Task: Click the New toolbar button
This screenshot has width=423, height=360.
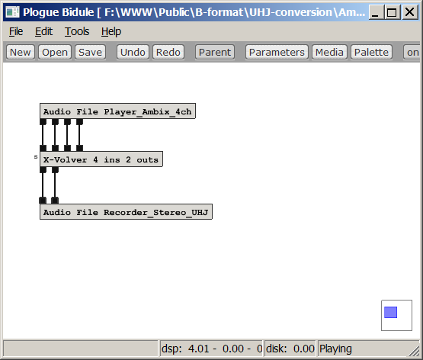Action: pyautogui.click(x=21, y=52)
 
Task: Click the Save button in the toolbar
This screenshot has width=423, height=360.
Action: pyautogui.click(x=90, y=52)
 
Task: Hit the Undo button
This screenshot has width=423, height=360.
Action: pyautogui.click(x=133, y=52)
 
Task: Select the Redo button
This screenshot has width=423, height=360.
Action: pyautogui.click(x=168, y=52)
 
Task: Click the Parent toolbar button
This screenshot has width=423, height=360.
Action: pyautogui.click(x=215, y=52)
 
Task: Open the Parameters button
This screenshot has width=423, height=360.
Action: pyautogui.click(x=277, y=52)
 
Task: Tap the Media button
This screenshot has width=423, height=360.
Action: pyautogui.click(x=329, y=52)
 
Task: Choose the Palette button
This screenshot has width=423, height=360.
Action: pyautogui.click(x=371, y=52)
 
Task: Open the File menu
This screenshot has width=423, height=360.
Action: pyautogui.click(x=16, y=31)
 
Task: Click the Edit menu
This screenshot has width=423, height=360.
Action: pyautogui.click(x=43, y=31)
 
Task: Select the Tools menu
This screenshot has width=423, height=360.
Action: pyautogui.click(x=77, y=31)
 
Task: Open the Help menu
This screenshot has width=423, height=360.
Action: pyautogui.click(x=111, y=31)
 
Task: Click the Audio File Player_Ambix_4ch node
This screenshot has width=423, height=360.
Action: pyautogui.click(x=117, y=111)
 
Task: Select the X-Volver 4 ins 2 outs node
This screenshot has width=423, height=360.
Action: pyautogui.click(x=101, y=159)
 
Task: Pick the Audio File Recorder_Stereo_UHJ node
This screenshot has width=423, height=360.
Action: pyautogui.click(x=126, y=212)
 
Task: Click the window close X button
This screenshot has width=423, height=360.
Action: pyautogui.click(x=410, y=12)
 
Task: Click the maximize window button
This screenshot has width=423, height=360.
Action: pyautogui.click(x=392, y=12)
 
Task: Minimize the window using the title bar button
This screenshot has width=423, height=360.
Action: pyautogui.click(x=376, y=12)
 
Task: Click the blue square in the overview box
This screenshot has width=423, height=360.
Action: pyautogui.click(x=390, y=312)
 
